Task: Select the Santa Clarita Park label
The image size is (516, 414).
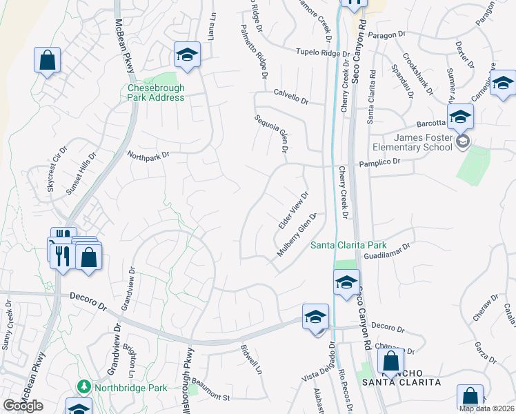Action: click(x=348, y=245)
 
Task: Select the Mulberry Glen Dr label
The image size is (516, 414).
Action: click(x=297, y=235)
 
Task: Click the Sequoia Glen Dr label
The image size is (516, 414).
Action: click(x=270, y=134)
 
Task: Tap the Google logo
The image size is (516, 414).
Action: click(x=23, y=406)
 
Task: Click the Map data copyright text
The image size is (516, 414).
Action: click(x=486, y=408)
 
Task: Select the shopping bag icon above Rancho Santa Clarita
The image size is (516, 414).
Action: click(x=390, y=360)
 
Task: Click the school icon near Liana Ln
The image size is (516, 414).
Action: click(x=186, y=55)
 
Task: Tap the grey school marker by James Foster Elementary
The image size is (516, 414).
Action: click(x=463, y=142)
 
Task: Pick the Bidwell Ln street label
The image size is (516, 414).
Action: click(x=252, y=360)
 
